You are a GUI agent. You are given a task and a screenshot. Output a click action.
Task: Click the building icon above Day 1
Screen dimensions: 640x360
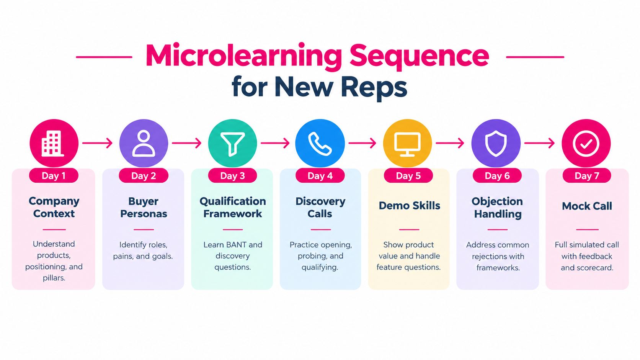coord(52,144)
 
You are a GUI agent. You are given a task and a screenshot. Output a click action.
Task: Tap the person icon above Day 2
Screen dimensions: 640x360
coord(144,144)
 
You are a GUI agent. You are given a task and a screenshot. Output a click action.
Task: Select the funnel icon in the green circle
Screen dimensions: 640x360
coord(233,144)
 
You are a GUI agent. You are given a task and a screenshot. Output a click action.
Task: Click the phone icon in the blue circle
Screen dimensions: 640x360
coord(320,144)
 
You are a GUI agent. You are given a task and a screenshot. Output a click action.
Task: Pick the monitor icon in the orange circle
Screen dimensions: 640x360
coord(407,144)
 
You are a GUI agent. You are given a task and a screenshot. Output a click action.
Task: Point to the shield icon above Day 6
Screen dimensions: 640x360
coord(496,144)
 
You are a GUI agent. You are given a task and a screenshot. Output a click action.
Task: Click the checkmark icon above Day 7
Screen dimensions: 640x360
coord(586,144)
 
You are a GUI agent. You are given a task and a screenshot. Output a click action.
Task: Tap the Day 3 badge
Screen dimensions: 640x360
coord(233,175)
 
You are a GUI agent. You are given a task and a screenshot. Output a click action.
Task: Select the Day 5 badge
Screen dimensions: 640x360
coord(408,175)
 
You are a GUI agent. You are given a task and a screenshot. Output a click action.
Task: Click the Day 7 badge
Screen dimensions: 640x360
coord(587,175)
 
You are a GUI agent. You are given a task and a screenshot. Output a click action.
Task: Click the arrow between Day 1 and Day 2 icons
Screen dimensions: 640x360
coord(98,143)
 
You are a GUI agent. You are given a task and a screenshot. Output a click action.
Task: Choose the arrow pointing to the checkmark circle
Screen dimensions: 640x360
coord(539,143)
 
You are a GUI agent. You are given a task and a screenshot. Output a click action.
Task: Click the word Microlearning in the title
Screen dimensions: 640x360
coord(244,56)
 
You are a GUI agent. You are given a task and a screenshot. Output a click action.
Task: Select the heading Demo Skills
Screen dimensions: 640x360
coord(410,206)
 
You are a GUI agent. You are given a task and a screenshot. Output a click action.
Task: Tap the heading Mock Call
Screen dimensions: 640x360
coord(587,206)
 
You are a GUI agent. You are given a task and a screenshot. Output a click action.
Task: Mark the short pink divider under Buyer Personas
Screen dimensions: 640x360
coord(144,229)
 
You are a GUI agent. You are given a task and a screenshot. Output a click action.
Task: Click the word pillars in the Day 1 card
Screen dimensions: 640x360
coord(54,278)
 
